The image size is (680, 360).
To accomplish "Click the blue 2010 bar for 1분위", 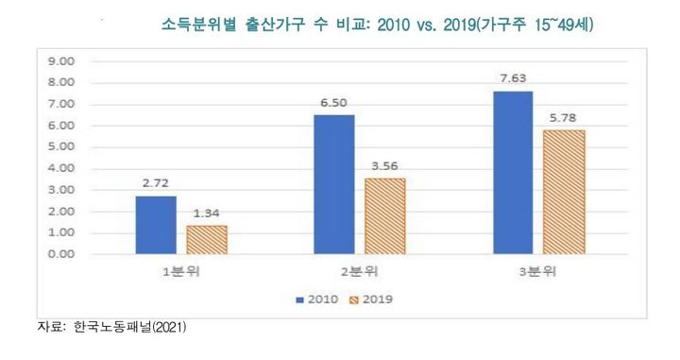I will coord(156,225).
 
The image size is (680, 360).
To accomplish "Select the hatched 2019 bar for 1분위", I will coord(207,240).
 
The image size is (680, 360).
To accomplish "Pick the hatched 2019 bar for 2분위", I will coord(385,216).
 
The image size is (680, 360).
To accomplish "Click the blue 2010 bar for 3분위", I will coord(513,172).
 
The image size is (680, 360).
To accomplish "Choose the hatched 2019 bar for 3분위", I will coord(564,192).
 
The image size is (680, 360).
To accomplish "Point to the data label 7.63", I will coord(513,79).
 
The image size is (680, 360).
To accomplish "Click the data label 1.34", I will coord(207,214).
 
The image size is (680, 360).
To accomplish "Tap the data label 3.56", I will coord(385,166).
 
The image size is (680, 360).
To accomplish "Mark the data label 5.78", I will coord(564,119).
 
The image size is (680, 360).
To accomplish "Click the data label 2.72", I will coord(156,184).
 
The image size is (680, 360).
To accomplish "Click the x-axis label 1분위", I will coord(181,273).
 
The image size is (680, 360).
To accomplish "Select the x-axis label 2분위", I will coord(360,273).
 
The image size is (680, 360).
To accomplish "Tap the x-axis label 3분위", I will coord(538,273).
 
